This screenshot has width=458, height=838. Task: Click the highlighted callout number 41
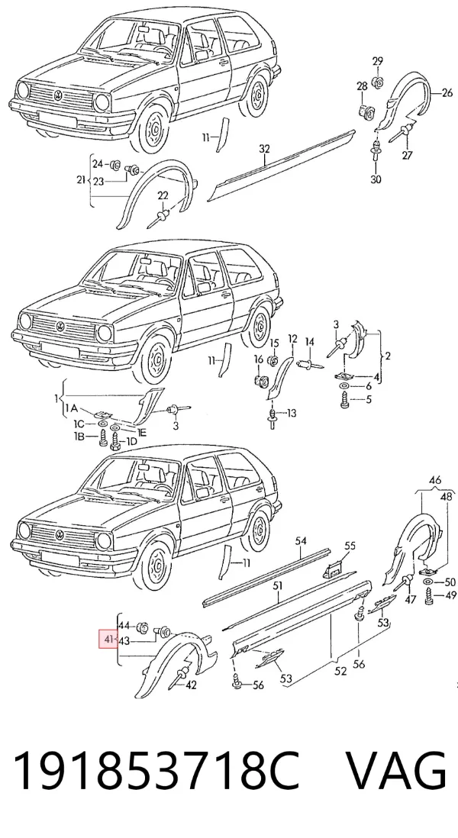point(108,639)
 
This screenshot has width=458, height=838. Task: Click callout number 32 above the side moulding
point(265,150)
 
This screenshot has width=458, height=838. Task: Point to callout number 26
point(447,94)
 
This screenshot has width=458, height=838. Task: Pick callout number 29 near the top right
point(378,62)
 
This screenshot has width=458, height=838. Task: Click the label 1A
point(72,409)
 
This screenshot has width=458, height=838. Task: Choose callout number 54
point(301,541)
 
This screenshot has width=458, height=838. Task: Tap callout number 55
point(350,546)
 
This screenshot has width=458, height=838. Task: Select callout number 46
point(435,479)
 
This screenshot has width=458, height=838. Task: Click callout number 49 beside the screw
point(450,596)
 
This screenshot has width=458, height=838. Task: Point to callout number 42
point(191,685)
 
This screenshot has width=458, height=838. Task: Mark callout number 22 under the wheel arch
point(163,196)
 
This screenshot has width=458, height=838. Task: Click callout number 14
point(310,341)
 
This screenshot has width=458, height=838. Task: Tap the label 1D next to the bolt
point(131,441)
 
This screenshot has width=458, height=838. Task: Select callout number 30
point(376,179)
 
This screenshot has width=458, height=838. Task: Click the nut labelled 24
point(114,165)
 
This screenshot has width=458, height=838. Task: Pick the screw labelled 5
point(345,398)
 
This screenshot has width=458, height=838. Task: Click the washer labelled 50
point(429,582)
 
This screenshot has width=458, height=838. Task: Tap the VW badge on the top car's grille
point(58,95)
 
